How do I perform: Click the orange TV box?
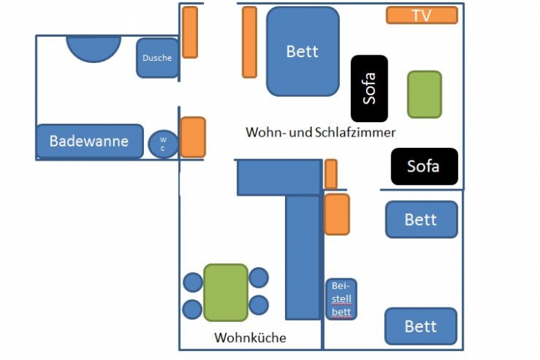(x=421, y=15)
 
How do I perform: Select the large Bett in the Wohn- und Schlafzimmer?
(x=303, y=51)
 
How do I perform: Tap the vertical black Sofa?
(x=369, y=88)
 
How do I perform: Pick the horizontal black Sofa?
(x=424, y=166)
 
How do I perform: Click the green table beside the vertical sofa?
(x=424, y=94)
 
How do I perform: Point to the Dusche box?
(x=157, y=58)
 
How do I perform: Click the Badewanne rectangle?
(x=89, y=141)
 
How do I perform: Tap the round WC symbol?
(x=163, y=143)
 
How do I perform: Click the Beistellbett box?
(x=340, y=299)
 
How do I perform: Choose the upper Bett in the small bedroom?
(x=421, y=220)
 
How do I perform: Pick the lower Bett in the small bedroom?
(x=421, y=326)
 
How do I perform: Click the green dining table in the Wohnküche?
(x=226, y=292)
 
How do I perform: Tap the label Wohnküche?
(x=250, y=337)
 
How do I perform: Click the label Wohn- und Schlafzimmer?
(x=320, y=132)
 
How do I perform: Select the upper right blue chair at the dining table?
(x=259, y=278)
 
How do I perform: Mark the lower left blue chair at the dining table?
(x=193, y=308)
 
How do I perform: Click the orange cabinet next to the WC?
(x=193, y=136)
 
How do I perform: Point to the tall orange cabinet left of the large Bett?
(x=250, y=42)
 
